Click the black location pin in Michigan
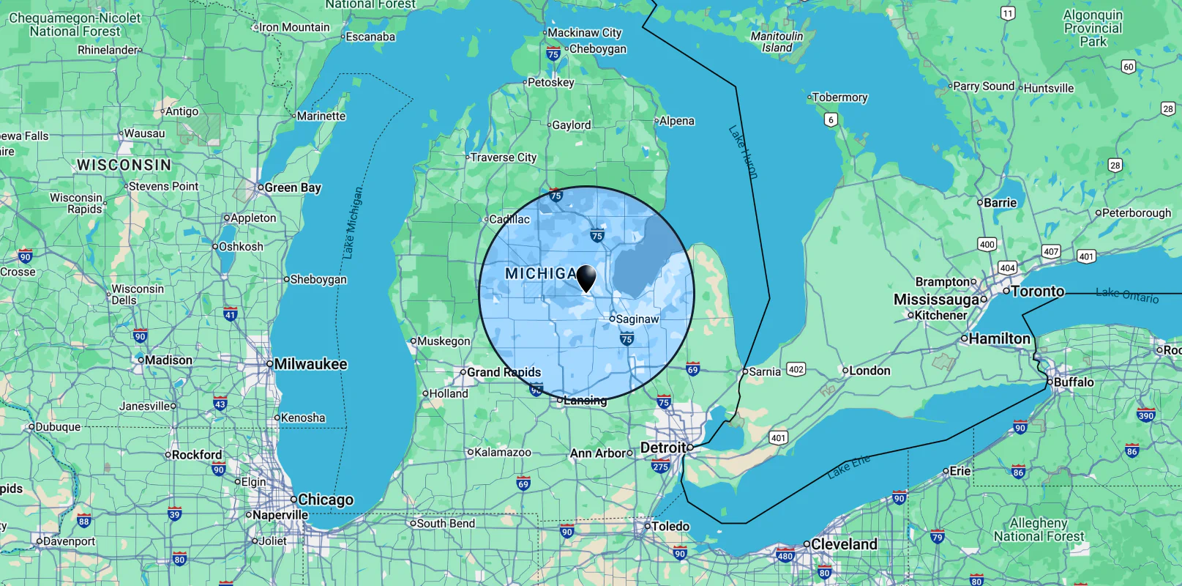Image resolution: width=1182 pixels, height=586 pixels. point(586,278)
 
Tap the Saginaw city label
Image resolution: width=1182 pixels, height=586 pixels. point(637,319)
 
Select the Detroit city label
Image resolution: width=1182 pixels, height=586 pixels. point(663,448)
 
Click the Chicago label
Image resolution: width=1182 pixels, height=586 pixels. point(325,500)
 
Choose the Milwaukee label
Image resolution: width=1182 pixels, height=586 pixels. point(310,364)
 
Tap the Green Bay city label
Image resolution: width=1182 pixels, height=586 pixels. point(293,188)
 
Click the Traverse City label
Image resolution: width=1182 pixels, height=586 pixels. point(504,157)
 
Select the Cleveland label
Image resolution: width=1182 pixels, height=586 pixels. point(844,544)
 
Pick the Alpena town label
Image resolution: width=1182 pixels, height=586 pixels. point(676,121)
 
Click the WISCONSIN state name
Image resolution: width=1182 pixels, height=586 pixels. point(124,165)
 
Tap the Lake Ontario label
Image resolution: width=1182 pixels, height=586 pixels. point(1127,295)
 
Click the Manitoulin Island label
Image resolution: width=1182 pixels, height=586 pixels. point(777,42)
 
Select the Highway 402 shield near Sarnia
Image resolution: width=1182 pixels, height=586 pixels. point(796,369)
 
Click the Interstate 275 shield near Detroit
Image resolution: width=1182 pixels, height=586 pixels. point(660,466)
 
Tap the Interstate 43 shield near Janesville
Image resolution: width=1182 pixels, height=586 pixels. point(220,404)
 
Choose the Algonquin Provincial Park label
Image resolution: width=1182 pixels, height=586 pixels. point(1093,28)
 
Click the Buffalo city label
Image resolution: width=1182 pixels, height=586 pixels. point(1074,382)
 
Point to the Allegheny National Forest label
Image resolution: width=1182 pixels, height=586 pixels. point(1039,530)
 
